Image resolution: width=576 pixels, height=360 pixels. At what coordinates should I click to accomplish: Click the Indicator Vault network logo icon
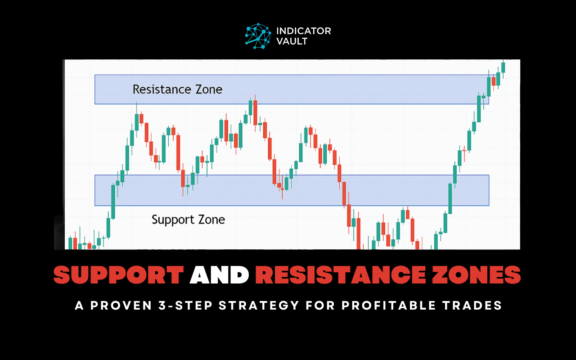(258, 36)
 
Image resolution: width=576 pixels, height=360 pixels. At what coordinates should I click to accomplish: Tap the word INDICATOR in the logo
(303, 31)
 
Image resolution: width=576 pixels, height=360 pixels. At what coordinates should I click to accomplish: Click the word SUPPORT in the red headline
(119, 274)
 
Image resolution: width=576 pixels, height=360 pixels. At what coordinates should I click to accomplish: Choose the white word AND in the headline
(219, 274)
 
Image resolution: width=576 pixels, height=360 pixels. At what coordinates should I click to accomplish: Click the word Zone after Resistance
(209, 89)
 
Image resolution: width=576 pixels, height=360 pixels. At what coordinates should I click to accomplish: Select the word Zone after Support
(211, 220)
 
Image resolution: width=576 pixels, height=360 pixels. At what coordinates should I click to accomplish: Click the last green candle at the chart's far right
(503, 67)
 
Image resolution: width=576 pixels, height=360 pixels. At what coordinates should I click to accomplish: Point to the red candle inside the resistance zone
(494, 81)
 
